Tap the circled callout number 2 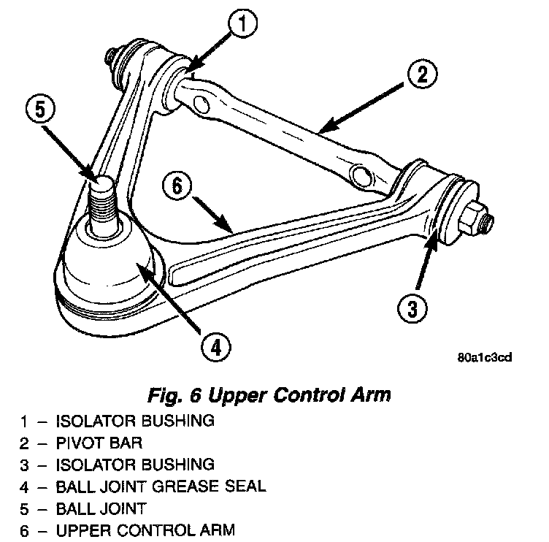coord(423,74)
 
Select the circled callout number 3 coord(412,308)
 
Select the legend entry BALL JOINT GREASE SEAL coord(161,486)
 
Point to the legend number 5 coord(24,508)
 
